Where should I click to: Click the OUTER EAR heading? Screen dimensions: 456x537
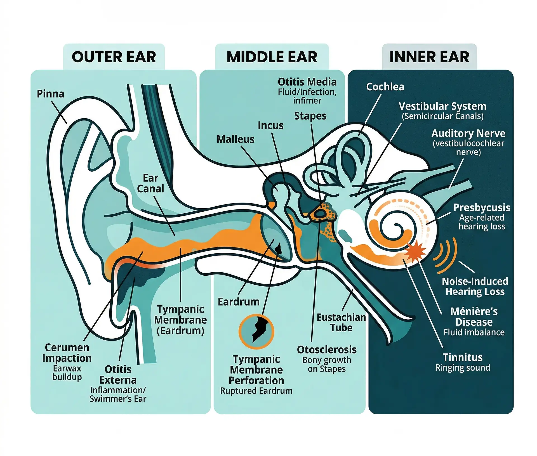114,57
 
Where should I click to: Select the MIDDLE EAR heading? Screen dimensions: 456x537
272,57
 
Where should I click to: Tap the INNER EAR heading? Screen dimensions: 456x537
429,57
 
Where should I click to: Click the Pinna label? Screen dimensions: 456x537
50,94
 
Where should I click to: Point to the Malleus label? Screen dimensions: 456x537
235,139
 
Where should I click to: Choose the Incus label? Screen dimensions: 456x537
270,126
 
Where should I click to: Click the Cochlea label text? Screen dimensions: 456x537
385,87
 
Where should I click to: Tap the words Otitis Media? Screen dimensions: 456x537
307,82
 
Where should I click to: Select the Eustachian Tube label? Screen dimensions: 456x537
341,322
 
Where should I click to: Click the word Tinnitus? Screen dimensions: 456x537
463,357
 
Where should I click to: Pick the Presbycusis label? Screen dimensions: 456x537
482,207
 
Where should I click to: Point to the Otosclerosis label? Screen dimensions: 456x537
327,349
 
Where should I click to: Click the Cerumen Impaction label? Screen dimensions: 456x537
67,353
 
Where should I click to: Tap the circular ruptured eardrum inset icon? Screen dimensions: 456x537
256,332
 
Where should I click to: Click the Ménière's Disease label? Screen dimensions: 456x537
474,316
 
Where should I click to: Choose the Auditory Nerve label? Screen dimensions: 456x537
468,133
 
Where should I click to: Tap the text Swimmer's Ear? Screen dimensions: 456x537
118,399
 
